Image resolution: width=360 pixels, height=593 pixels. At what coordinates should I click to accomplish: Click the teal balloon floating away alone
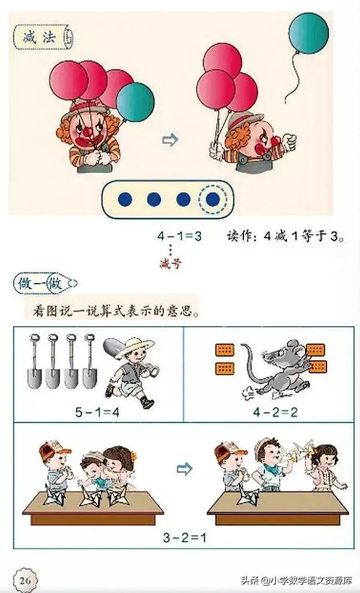pyautogui.click(x=309, y=34)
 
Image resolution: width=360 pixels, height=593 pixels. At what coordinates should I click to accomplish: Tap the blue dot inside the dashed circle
pyautogui.click(x=212, y=199)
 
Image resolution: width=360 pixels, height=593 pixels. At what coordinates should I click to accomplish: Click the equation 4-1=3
pyautogui.click(x=179, y=236)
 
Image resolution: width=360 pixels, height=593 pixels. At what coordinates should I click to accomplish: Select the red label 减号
pyautogui.click(x=170, y=263)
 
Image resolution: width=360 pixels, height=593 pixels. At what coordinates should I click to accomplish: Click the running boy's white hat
pyautogui.click(x=139, y=345)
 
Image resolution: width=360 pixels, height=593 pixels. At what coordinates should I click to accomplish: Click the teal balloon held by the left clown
pyautogui.click(x=135, y=102)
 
